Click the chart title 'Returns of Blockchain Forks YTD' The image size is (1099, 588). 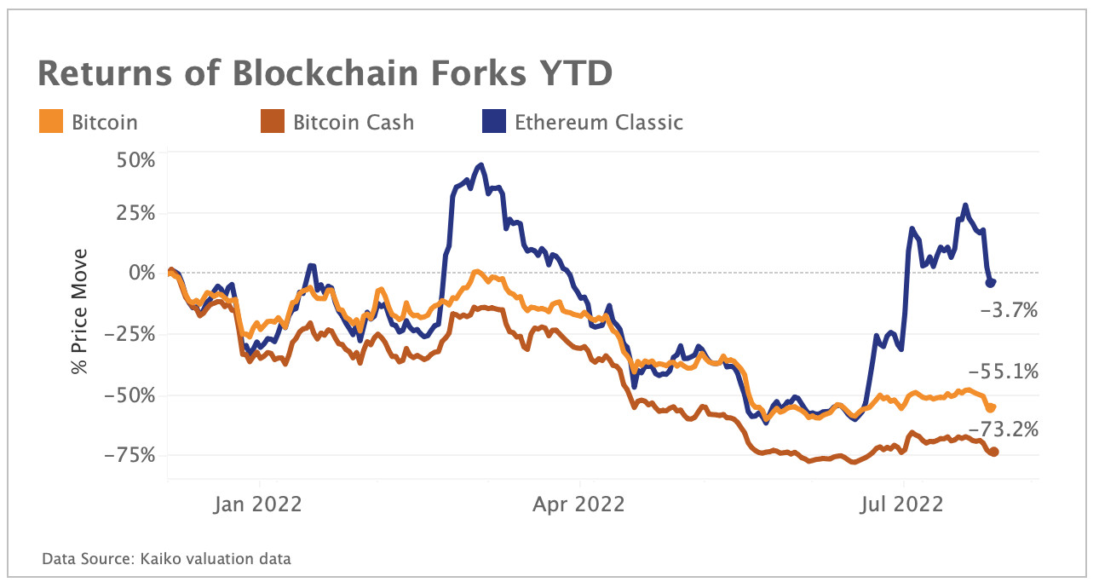coord(325,74)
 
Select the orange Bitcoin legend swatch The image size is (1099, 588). coord(50,122)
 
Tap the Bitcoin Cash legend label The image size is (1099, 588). coord(354,122)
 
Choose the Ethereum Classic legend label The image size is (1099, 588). coord(598,122)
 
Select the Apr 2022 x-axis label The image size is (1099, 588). coord(578,504)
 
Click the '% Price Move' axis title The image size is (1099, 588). coord(80,311)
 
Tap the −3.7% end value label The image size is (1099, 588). coord(1010,311)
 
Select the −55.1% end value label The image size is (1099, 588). coord(1004,372)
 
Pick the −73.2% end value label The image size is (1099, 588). coord(1004,430)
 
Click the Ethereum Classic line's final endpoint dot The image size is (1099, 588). coord(992,282)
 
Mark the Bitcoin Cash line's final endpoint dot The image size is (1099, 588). coord(993,452)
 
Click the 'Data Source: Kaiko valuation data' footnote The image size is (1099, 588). coord(167,560)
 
